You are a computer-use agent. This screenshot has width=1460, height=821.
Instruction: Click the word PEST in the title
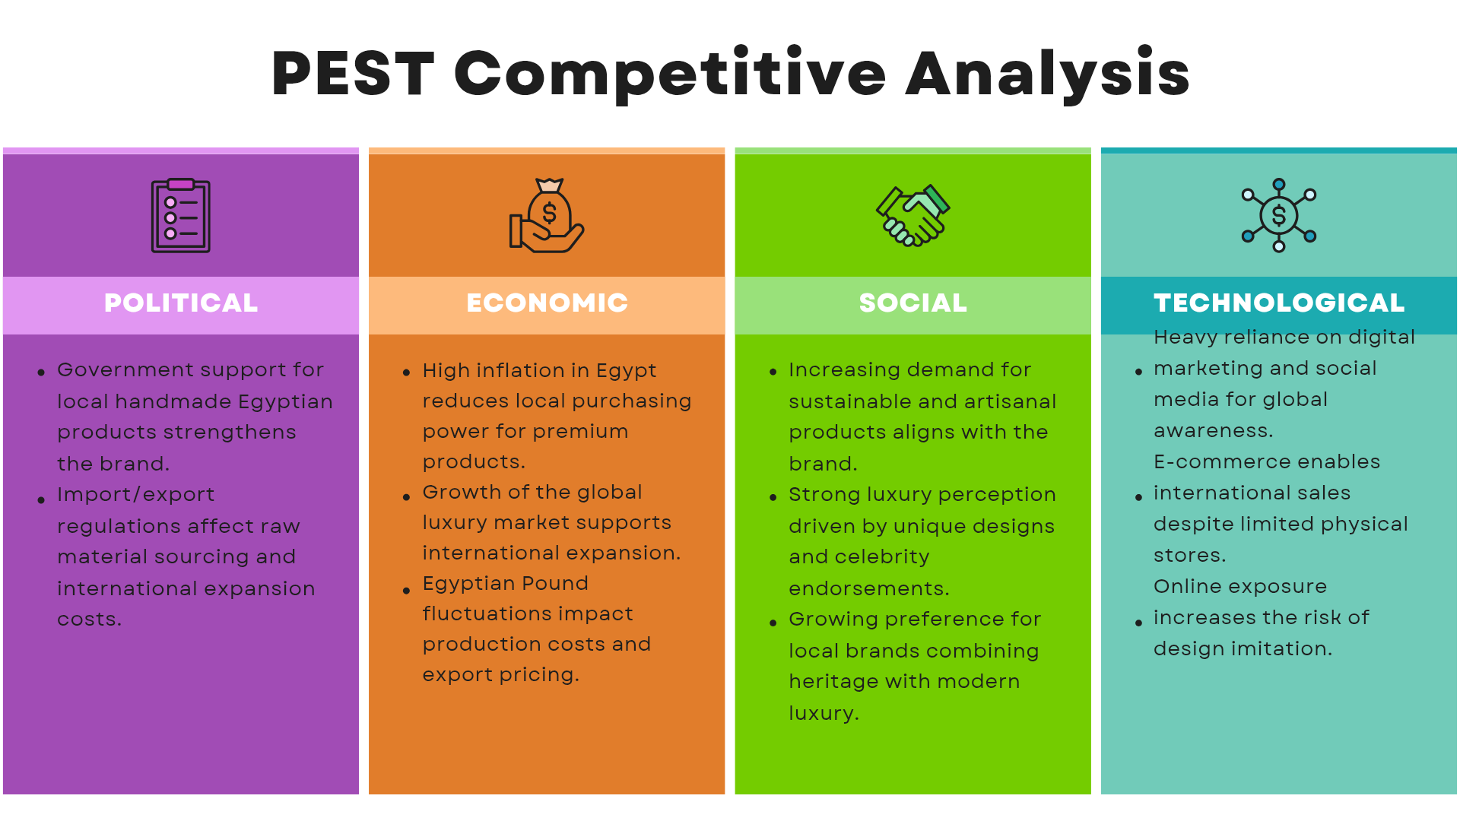pyautogui.click(x=353, y=74)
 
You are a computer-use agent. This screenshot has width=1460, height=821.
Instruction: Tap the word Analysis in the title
pyautogui.click(x=1048, y=74)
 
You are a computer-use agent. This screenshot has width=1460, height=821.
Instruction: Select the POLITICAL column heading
pyautogui.click(x=181, y=303)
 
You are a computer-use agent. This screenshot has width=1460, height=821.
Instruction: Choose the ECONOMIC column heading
pyautogui.click(x=547, y=303)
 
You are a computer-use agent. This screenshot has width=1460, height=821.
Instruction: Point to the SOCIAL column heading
pyautogui.click(x=913, y=303)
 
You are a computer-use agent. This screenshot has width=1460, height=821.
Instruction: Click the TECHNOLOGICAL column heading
pyautogui.click(x=1279, y=303)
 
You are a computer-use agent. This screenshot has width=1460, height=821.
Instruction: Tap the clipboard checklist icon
pyautogui.click(x=181, y=216)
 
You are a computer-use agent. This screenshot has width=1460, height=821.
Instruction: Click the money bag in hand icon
pyautogui.click(x=547, y=216)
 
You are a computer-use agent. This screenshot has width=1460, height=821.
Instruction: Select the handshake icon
pyautogui.click(x=913, y=216)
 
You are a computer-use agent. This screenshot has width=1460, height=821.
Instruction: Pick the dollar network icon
pyautogui.click(x=1279, y=216)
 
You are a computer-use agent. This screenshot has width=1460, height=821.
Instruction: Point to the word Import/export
pyautogui.click(x=136, y=495)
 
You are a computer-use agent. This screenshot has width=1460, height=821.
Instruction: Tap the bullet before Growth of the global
pyautogui.click(x=407, y=497)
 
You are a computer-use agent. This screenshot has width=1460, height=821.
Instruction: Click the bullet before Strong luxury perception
pyautogui.click(x=773, y=498)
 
